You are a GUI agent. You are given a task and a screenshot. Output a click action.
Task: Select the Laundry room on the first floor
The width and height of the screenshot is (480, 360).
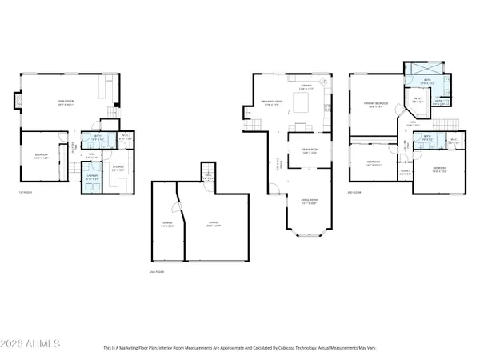[94, 177]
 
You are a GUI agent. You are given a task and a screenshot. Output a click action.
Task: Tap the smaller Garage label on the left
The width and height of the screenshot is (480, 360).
[167, 226]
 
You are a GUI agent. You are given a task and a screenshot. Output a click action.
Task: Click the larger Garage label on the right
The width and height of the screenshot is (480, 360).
[214, 226]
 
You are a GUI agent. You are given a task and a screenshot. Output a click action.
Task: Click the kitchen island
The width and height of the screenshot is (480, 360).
[302, 103]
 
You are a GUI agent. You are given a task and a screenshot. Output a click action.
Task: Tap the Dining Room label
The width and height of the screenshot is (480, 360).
[309, 152]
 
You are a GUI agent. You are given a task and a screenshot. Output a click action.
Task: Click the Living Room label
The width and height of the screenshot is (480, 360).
[309, 202]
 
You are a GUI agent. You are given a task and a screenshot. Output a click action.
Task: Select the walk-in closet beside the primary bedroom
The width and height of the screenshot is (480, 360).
[417, 102]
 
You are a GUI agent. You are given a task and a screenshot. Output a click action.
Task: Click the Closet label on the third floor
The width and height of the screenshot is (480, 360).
[405, 171]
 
